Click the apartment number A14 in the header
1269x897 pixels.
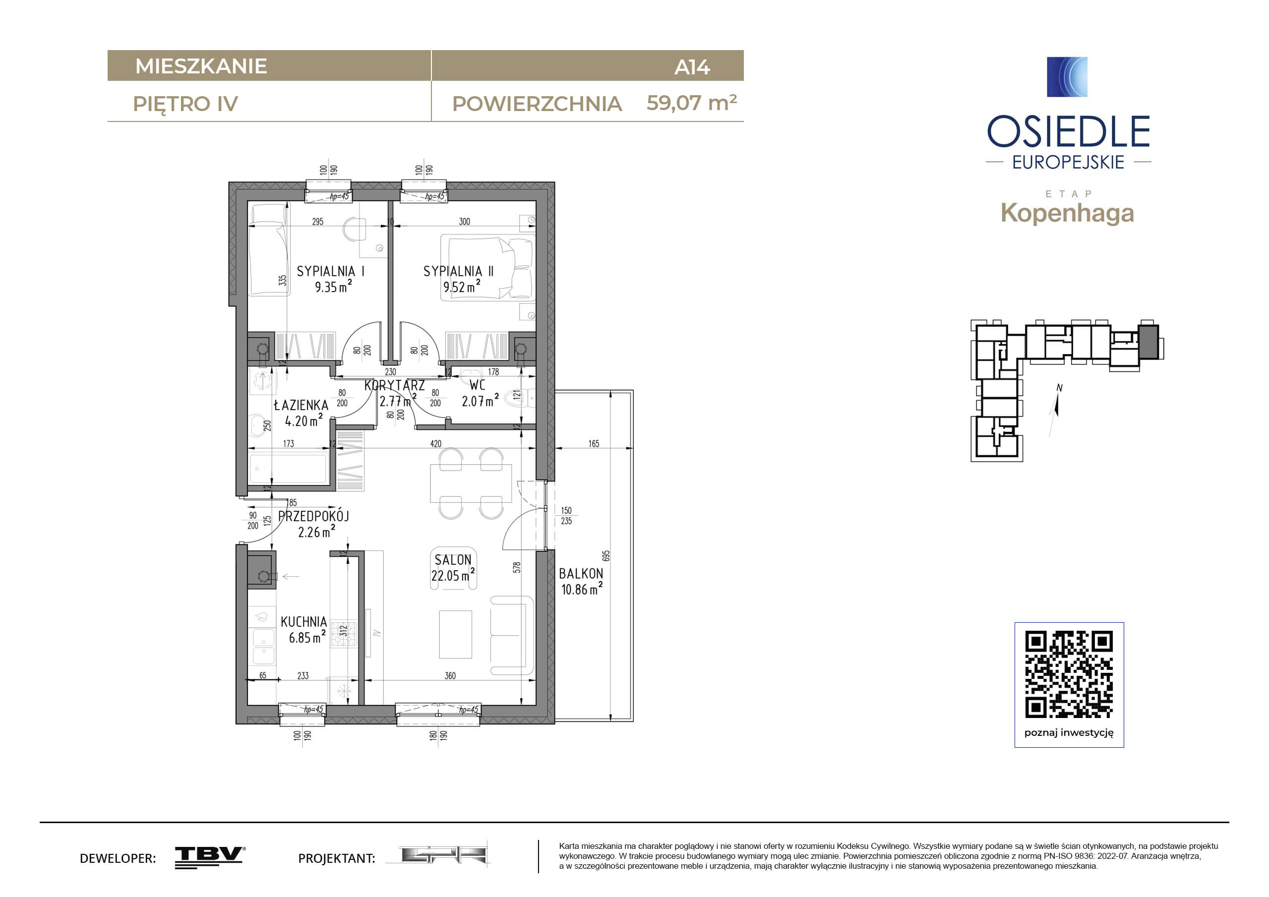(691, 67)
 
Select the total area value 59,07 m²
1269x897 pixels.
(691, 103)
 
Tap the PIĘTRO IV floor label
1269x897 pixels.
(185, 104)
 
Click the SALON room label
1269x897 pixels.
(453, 560)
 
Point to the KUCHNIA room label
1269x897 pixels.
(303, 622)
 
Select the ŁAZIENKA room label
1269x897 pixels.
(301, 405)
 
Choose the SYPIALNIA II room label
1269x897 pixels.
(458, 271)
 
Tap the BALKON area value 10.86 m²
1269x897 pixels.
(582, 589)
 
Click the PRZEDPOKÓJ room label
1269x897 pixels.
(313, 516)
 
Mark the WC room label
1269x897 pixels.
(478, 385)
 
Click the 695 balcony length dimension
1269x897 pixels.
(606, 555)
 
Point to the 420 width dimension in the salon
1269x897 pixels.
(435, 444)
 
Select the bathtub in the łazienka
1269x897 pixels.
(289, 469)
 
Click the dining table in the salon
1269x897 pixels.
(471, 483)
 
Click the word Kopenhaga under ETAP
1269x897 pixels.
(1067, 213)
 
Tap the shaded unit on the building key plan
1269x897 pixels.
(1148, 342)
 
